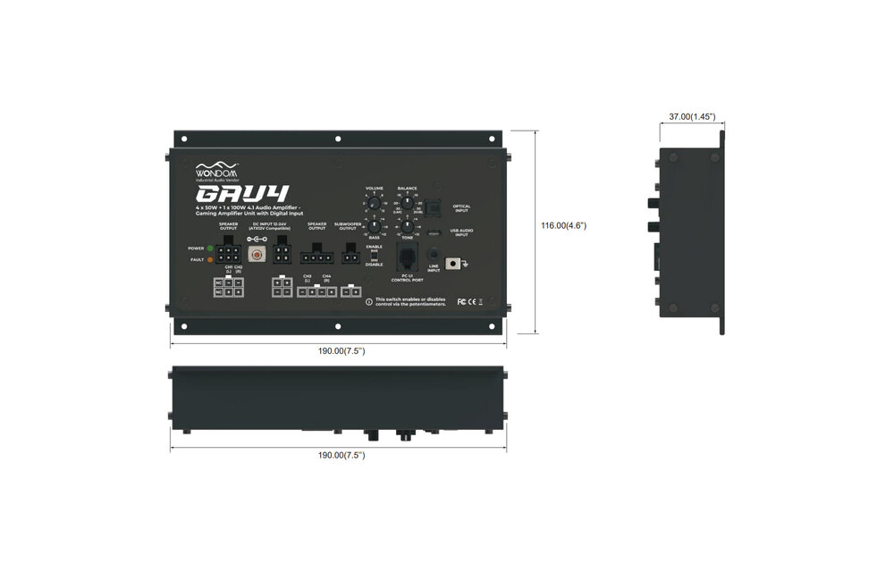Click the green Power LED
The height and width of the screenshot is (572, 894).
pos(209,248)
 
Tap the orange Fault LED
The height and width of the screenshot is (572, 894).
pos(209,259)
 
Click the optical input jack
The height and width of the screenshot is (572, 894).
pos(432,207)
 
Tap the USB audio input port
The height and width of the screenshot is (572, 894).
pos(433,233)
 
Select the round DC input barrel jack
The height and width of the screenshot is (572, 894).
pos(258,256)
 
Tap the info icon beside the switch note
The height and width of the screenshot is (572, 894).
pos(369,301)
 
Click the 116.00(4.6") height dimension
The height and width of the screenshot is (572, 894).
pos(563,225)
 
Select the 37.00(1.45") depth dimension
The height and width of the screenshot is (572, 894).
pos(692,116)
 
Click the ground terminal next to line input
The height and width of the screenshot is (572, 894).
pos(461,263)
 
